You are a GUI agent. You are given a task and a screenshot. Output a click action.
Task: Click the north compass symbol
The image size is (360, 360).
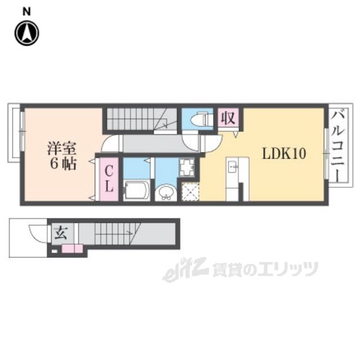point(26,33)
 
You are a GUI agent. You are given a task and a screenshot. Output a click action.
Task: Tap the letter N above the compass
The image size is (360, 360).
point(27,10)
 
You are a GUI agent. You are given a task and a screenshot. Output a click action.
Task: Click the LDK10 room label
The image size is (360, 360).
point(283,153)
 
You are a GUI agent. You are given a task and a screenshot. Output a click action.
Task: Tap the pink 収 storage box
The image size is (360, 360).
point(227,119)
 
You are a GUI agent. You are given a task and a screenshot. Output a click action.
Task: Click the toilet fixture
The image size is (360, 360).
point(199,120)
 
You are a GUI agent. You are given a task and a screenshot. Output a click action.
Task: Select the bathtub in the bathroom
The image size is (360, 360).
point(135,190)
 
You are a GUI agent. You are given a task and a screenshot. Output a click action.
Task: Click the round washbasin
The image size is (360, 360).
point(166,193)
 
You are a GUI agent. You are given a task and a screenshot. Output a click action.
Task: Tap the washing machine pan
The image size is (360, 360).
point(186,167)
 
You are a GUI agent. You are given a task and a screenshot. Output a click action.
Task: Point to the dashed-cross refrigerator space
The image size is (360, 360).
point(191,191)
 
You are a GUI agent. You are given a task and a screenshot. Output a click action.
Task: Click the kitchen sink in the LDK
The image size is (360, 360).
point(233,167)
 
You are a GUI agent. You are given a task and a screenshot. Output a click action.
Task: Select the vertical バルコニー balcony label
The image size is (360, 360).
point(339,145)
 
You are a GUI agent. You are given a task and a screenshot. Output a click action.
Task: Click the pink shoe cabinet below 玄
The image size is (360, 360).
point(72,249)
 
